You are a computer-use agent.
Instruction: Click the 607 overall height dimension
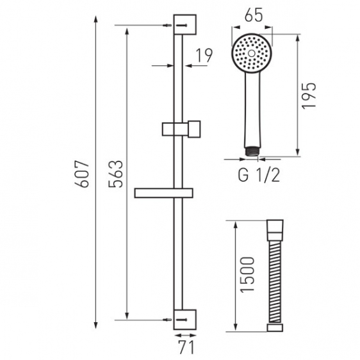[82, 174]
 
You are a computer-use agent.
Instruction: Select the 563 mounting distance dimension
[116, 174]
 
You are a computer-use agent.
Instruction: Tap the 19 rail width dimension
[204, 55]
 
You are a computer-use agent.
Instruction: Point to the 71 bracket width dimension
[186, 347]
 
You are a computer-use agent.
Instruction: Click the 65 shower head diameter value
[253, 16]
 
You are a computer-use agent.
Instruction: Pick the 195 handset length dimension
[309, 95]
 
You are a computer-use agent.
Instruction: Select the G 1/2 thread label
[259, 175]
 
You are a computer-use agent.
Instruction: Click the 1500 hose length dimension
[247, 275]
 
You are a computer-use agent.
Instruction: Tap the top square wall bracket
[185, 24]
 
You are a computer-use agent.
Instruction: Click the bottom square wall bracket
[185, 320]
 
